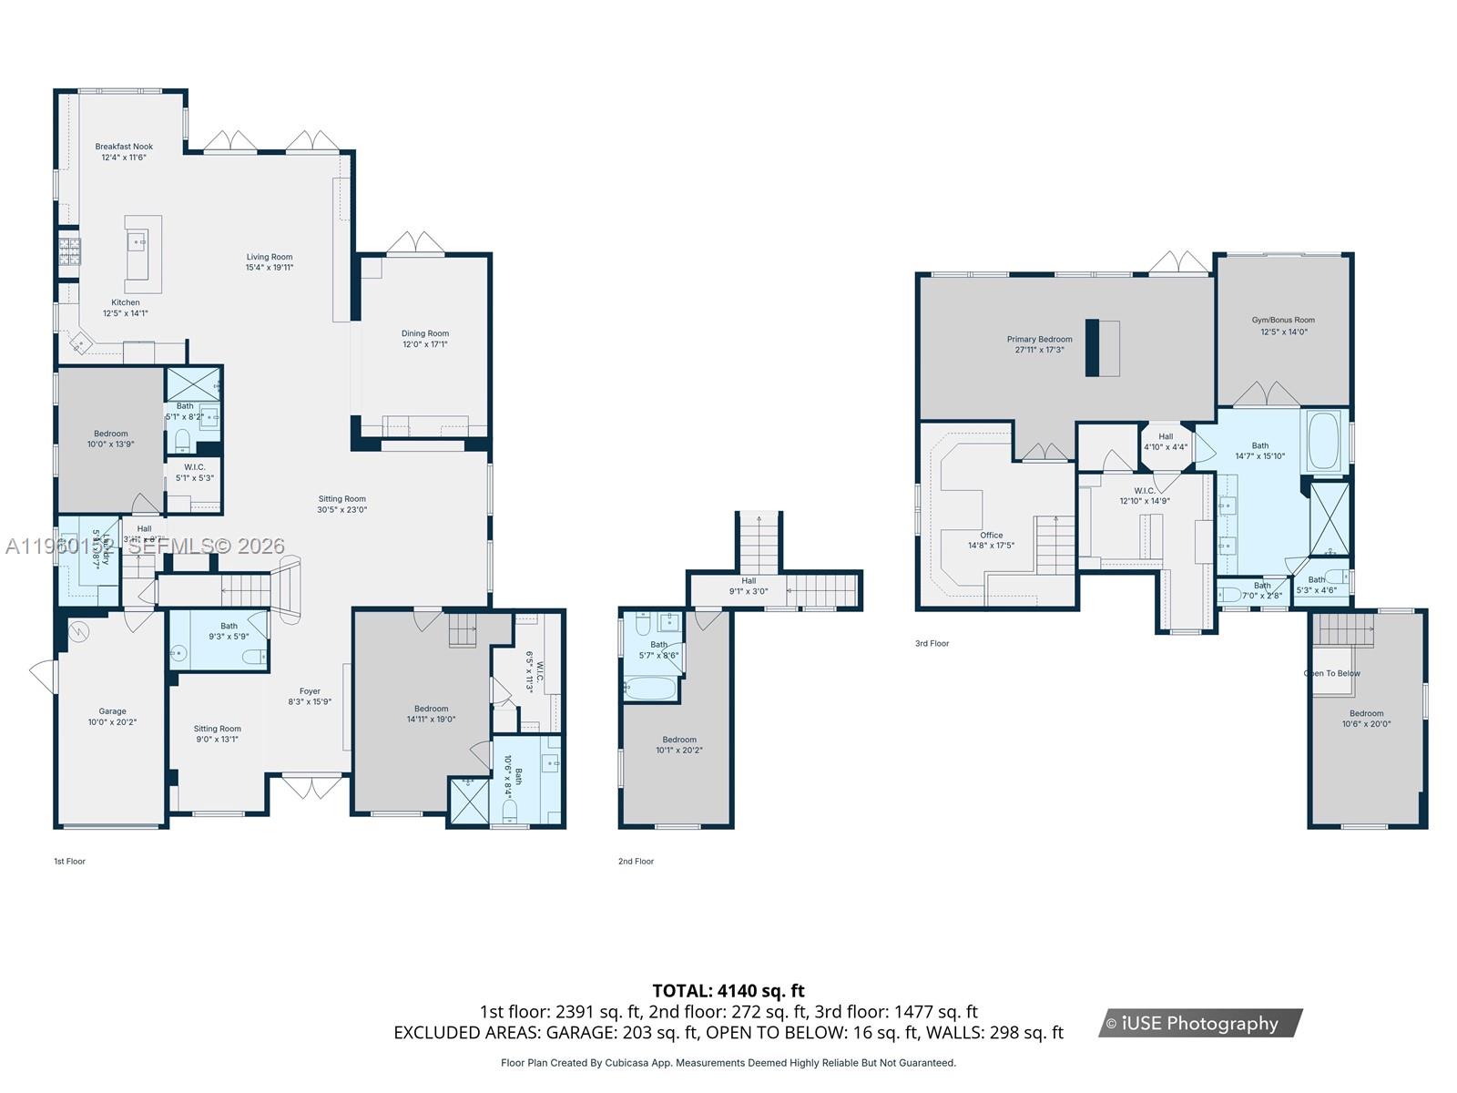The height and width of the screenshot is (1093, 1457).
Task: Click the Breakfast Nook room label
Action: pos(124,147)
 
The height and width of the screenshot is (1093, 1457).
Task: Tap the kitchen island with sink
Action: pos(143,254)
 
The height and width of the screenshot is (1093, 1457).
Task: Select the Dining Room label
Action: pos(425,333)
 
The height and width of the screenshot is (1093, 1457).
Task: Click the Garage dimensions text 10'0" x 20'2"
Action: pos(113,722)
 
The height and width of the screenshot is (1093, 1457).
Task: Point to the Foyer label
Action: pos(310,691)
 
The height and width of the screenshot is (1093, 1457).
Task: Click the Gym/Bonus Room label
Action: pos(1283,320)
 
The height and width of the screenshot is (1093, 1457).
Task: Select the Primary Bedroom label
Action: pos(1039,339)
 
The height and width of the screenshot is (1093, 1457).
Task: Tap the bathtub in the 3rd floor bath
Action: pos(1325,441)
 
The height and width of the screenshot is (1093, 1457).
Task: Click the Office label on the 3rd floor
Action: pos(992,536)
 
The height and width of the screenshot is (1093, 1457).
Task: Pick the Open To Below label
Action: pos(1331,673)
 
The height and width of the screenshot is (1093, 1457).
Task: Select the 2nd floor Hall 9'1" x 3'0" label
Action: pos(749,586)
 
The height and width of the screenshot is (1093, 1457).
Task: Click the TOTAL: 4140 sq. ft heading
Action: pos(728,990)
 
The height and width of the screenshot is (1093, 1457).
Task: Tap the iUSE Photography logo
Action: pos(1200,1023)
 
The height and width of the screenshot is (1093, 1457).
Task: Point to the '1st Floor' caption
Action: pos(69,861)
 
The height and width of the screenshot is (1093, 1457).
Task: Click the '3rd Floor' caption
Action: pos(932,643)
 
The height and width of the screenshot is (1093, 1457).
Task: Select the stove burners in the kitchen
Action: pos(70,251)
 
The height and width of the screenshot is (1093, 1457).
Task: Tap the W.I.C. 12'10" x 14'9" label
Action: pos(1145,495)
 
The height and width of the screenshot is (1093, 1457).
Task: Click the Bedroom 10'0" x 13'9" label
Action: pos(111,439)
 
